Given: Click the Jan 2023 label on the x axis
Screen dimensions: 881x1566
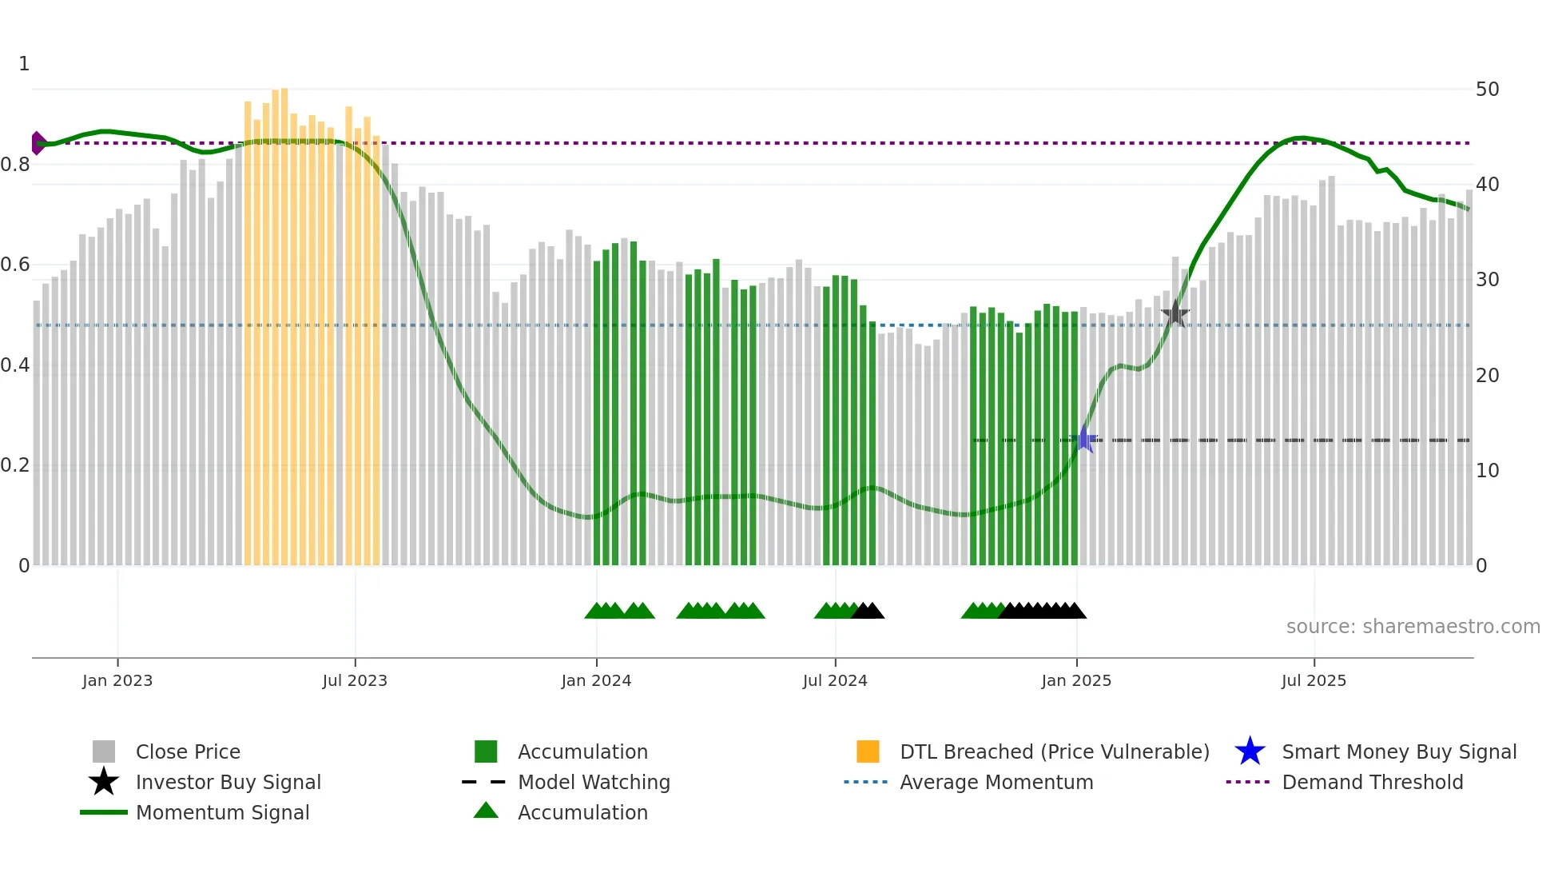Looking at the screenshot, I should pos(117,680).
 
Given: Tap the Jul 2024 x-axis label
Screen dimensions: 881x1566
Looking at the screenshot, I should pos(834,680).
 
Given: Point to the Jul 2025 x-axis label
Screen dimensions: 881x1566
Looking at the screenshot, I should pos(1313,680).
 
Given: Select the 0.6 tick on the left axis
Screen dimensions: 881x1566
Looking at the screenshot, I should pos(15,265).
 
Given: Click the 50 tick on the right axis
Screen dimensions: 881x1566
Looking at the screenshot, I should pos(1487,90).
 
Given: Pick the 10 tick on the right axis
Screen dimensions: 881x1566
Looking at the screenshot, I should pos(1487,471).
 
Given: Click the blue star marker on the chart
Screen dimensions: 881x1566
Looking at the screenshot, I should pos(1085,439).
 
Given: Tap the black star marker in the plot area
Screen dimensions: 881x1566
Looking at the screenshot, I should pos(1174,314).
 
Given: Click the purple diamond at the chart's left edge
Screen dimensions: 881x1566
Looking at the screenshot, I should pos(38,143).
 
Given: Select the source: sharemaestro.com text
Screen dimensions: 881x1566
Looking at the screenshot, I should pos(1413,627).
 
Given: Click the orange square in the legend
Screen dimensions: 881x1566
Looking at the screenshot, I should pos(867,751).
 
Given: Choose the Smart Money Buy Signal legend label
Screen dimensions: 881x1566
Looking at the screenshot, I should pos(1398,751).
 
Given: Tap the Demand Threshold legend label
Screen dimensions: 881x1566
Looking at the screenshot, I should pos(1372,782).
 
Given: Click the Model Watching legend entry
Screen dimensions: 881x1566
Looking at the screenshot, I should pos(593,782).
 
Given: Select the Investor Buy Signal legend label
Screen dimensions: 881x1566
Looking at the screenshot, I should pos(228,782).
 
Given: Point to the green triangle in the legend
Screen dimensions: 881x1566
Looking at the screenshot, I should pos(486,811).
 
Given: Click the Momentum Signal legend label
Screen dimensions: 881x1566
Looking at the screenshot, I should pos(222,812).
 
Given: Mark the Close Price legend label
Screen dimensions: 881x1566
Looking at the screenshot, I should pos(188,751).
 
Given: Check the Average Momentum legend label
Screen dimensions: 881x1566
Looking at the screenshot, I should pos(996,782).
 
